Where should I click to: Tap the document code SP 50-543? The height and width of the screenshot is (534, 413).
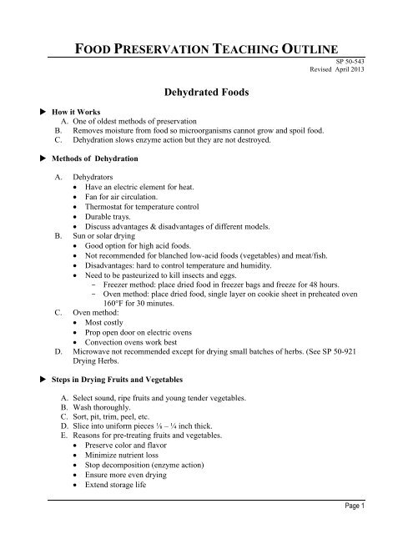click(x=375, y=62)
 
